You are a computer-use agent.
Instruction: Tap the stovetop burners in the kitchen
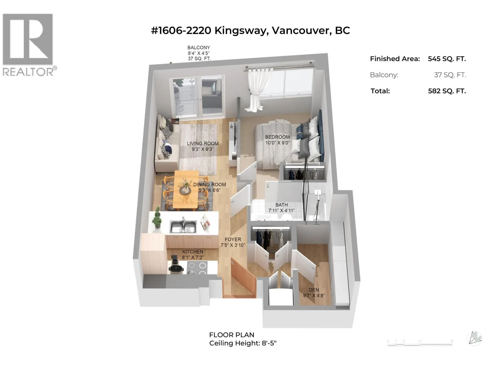(x=197, y=268)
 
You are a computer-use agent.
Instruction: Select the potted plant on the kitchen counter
(x=157, y=218)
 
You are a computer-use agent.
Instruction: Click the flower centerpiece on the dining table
(x=185, y=187)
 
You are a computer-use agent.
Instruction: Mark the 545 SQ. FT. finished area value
(x=447, y=59)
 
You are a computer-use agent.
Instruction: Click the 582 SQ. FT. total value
(x=447, y=91)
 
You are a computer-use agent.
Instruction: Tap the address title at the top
(x=250, y=31)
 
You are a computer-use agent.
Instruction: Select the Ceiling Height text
(x=243, y=343)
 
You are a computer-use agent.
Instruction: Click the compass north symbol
(x=474, y=338)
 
